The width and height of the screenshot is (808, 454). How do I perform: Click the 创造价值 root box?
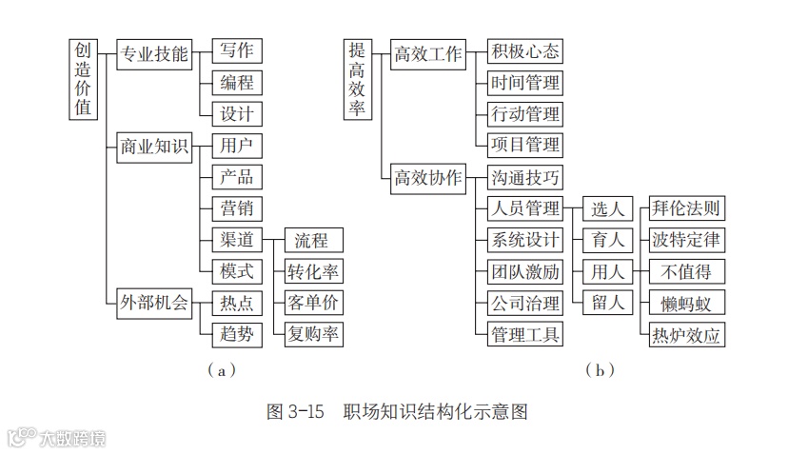pyautogui.click(x=84, y=80)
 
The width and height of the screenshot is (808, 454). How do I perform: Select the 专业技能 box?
pyautogui.click(x=154, y=53)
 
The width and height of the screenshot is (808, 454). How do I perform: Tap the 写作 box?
pyautogui.click(x=237, y=51)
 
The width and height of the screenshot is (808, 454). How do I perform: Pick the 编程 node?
pyautogui.click(x=237, y=83)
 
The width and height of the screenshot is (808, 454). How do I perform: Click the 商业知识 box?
pyautogui.click(x=154, y=147)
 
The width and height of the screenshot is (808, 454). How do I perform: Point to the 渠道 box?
pyautogui.click(x=237, y=240)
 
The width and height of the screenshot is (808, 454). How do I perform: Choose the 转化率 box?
pyautogui.click(x=314, y=271)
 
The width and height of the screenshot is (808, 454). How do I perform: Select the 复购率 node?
pyautogui.click(x=314, y=334)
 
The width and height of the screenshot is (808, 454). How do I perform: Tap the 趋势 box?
pyautogui.click(x=237, y=334)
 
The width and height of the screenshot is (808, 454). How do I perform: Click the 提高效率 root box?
pyautogui.click(x=358, y=80)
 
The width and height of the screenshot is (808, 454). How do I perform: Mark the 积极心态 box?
pyautogui.click(x=524, y=51)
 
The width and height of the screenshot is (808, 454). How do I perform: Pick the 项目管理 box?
pyautogui.click(x=524, y=146)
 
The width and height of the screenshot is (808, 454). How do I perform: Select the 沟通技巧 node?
pyautogui.click(x=524, y=178)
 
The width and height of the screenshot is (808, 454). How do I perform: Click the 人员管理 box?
pyautogui.click(x=524, y=208)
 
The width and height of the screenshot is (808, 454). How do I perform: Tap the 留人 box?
pyautogui.click(x=607, y=303)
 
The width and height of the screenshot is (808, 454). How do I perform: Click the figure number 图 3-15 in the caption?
pyautogui.click(x=296, y=412)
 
